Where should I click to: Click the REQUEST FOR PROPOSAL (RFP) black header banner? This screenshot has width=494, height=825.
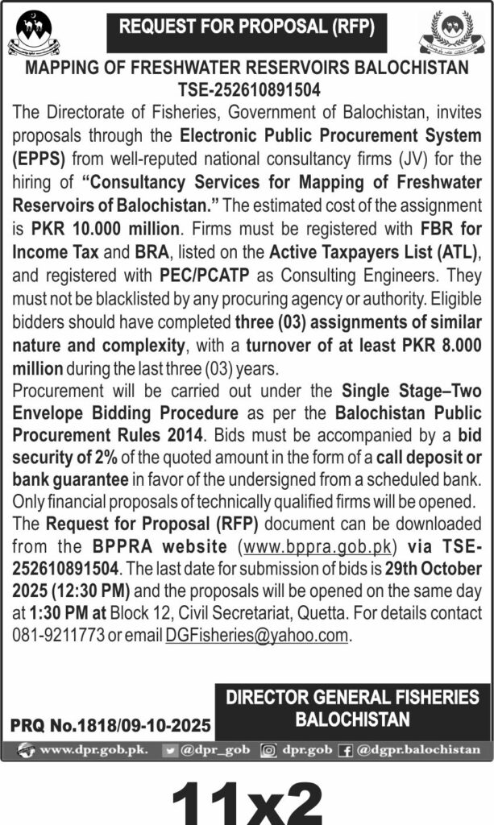click(247, 27)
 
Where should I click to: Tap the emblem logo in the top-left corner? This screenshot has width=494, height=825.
click(34, 33)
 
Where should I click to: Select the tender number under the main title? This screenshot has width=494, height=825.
click(247, 88)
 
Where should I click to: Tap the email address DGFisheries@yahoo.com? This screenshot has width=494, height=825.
click(257, 636)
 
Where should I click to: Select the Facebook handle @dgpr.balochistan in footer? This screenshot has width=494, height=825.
click(418, 749)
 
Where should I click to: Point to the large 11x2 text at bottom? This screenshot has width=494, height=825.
click(247, 798)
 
